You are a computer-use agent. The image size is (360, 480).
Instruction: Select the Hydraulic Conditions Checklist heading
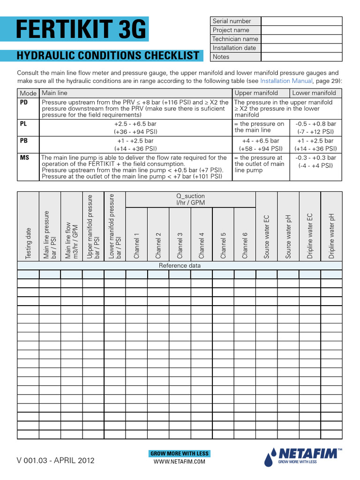(108, 56)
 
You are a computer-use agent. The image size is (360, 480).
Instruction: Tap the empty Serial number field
(301, 21)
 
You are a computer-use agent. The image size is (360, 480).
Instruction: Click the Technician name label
(235, 39)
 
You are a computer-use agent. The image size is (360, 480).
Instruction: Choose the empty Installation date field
(301, 48)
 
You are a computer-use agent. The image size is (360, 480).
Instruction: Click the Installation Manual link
(286, 81)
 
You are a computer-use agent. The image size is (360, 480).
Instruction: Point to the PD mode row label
(24, 102)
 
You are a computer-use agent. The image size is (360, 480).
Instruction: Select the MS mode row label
(24, 158)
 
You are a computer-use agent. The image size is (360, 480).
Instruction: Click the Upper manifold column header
(256, 93)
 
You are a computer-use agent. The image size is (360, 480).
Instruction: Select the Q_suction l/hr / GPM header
(190, 199)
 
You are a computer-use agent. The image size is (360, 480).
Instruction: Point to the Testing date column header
(29, 243)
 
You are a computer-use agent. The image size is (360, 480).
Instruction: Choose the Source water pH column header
(288, 236)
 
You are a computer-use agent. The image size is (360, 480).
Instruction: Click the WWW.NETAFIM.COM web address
(180, 462)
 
